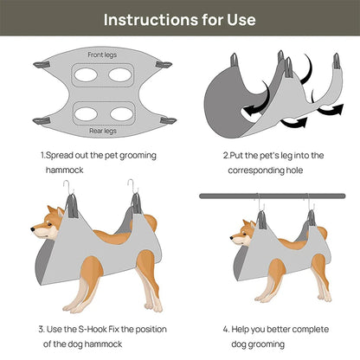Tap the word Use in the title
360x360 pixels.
click(x=240, y=18)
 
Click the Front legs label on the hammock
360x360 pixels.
click(x=101, y=55)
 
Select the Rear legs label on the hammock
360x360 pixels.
click(x=101, y=132)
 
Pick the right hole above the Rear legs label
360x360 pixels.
click(x=119, y=112)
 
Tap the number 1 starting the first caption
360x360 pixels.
click(x=42, y=155)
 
